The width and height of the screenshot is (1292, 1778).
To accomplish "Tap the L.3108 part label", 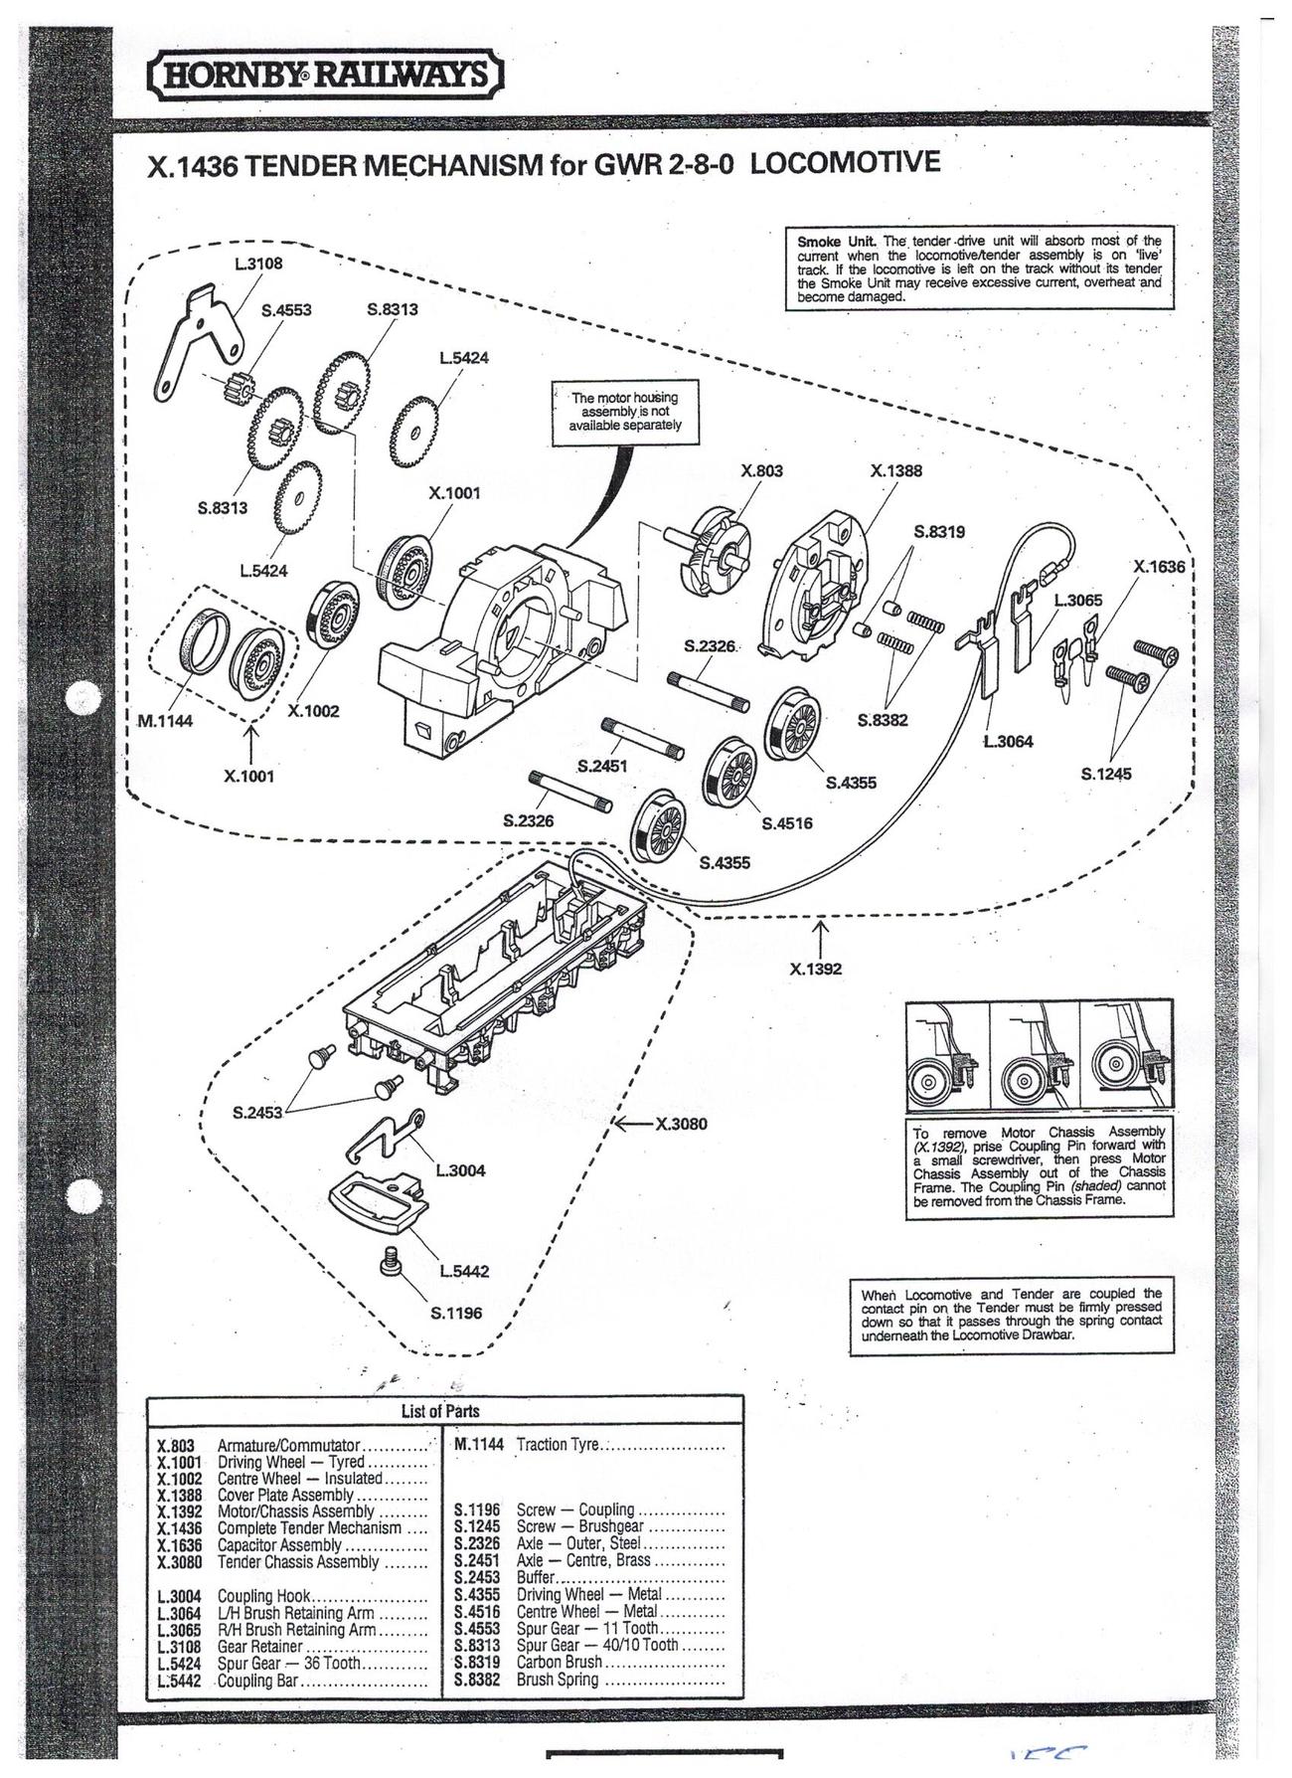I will pyautogui.click(x=258, y=265).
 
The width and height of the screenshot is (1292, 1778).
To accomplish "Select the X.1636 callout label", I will pyautogui.click(x=1159, y=567).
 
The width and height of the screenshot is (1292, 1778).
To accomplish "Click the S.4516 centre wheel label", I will pyautogui.click(x=787, y=823).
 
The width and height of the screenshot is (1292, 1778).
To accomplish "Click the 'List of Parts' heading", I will pyautogui.click(x=440, y=1411).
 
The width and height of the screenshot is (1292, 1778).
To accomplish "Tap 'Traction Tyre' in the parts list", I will pyautogui.click(x=558, y=1444).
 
